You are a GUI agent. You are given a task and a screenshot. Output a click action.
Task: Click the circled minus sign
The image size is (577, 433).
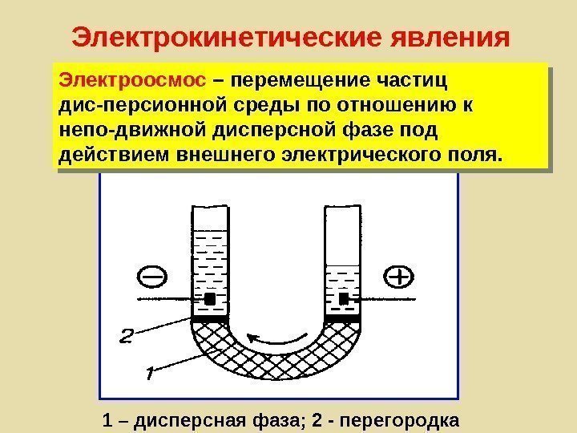(154, 277)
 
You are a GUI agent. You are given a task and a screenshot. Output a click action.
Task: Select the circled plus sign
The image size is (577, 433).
(398, 277)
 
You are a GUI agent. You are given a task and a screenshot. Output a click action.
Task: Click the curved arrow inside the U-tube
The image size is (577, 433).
(278, 337)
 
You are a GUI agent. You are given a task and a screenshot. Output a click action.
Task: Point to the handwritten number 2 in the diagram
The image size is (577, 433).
(128, 334)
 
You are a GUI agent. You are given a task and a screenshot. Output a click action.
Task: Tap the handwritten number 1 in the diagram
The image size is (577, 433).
(150, 374)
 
